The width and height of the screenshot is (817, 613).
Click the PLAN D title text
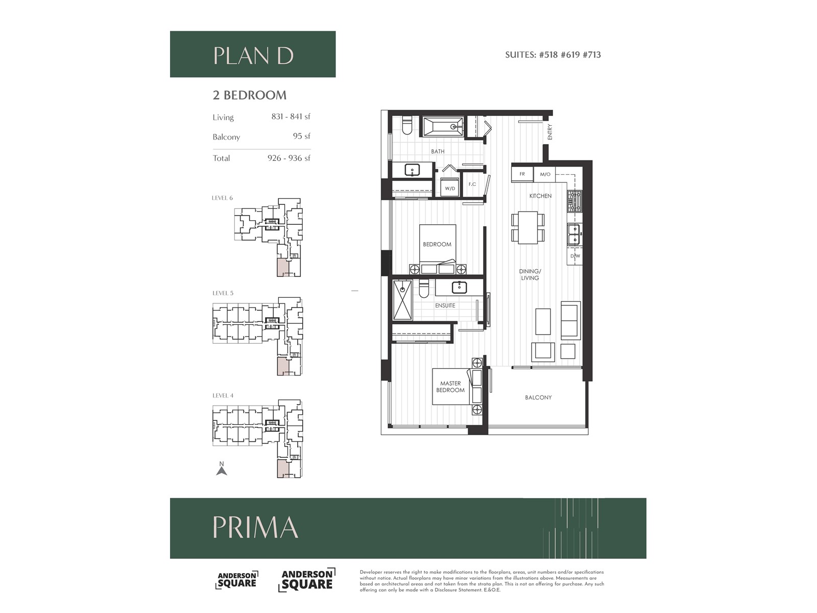click(x=253, y=56)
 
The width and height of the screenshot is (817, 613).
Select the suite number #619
click(x=570, y=55)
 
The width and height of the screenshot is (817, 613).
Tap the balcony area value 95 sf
click(x=301, y=136)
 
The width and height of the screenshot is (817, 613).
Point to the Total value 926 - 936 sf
click(x=289, y=158)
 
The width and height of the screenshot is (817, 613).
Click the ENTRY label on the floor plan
click(x=550, y=132)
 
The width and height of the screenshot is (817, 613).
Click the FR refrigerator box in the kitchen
click(x=522, y=174)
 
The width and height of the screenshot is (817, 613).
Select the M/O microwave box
click(x=545, y=174)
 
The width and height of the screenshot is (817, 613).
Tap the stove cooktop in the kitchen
click(x=574, y=201)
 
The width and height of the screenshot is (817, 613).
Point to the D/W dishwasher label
click(x=575, y=256)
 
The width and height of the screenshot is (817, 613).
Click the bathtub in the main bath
click(x=443, y=127)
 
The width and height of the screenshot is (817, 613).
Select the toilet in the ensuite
click(x=424, y=289)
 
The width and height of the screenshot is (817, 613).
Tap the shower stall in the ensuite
click(x=403, y=300)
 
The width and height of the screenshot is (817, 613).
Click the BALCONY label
click(x=538, y=397)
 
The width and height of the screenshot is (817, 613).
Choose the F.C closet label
click(x=472, y=184)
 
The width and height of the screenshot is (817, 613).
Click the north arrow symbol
click(x=222, y=470)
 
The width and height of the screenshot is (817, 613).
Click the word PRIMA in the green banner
click(x=255, y=527)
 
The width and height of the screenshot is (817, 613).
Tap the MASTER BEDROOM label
click(x=450, y=387)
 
